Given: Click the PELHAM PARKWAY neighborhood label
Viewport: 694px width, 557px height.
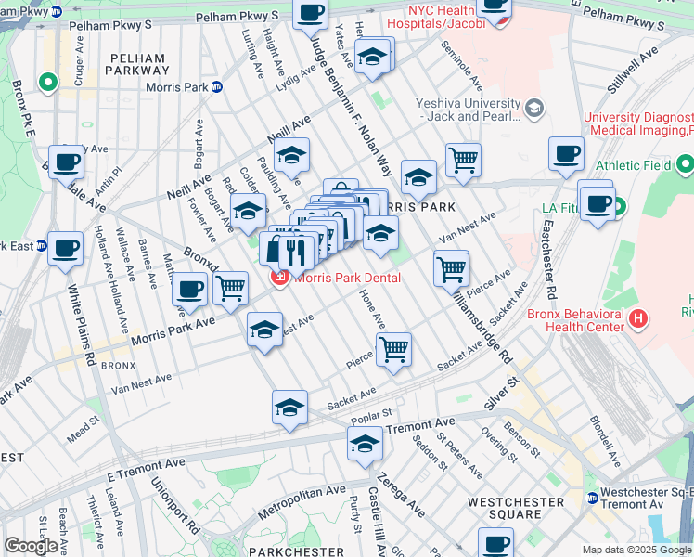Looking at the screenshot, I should (138, 63).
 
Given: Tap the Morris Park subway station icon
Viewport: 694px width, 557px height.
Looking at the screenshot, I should (216, 87).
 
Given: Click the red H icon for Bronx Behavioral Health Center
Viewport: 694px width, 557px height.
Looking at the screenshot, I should (637, 319).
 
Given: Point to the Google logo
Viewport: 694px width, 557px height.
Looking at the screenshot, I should (31, 546).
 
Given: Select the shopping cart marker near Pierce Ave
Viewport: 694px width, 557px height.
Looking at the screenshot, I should (394, 350).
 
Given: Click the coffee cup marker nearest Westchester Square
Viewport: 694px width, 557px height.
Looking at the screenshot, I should (495, 542).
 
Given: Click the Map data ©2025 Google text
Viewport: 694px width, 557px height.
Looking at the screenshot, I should (636, 550).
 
